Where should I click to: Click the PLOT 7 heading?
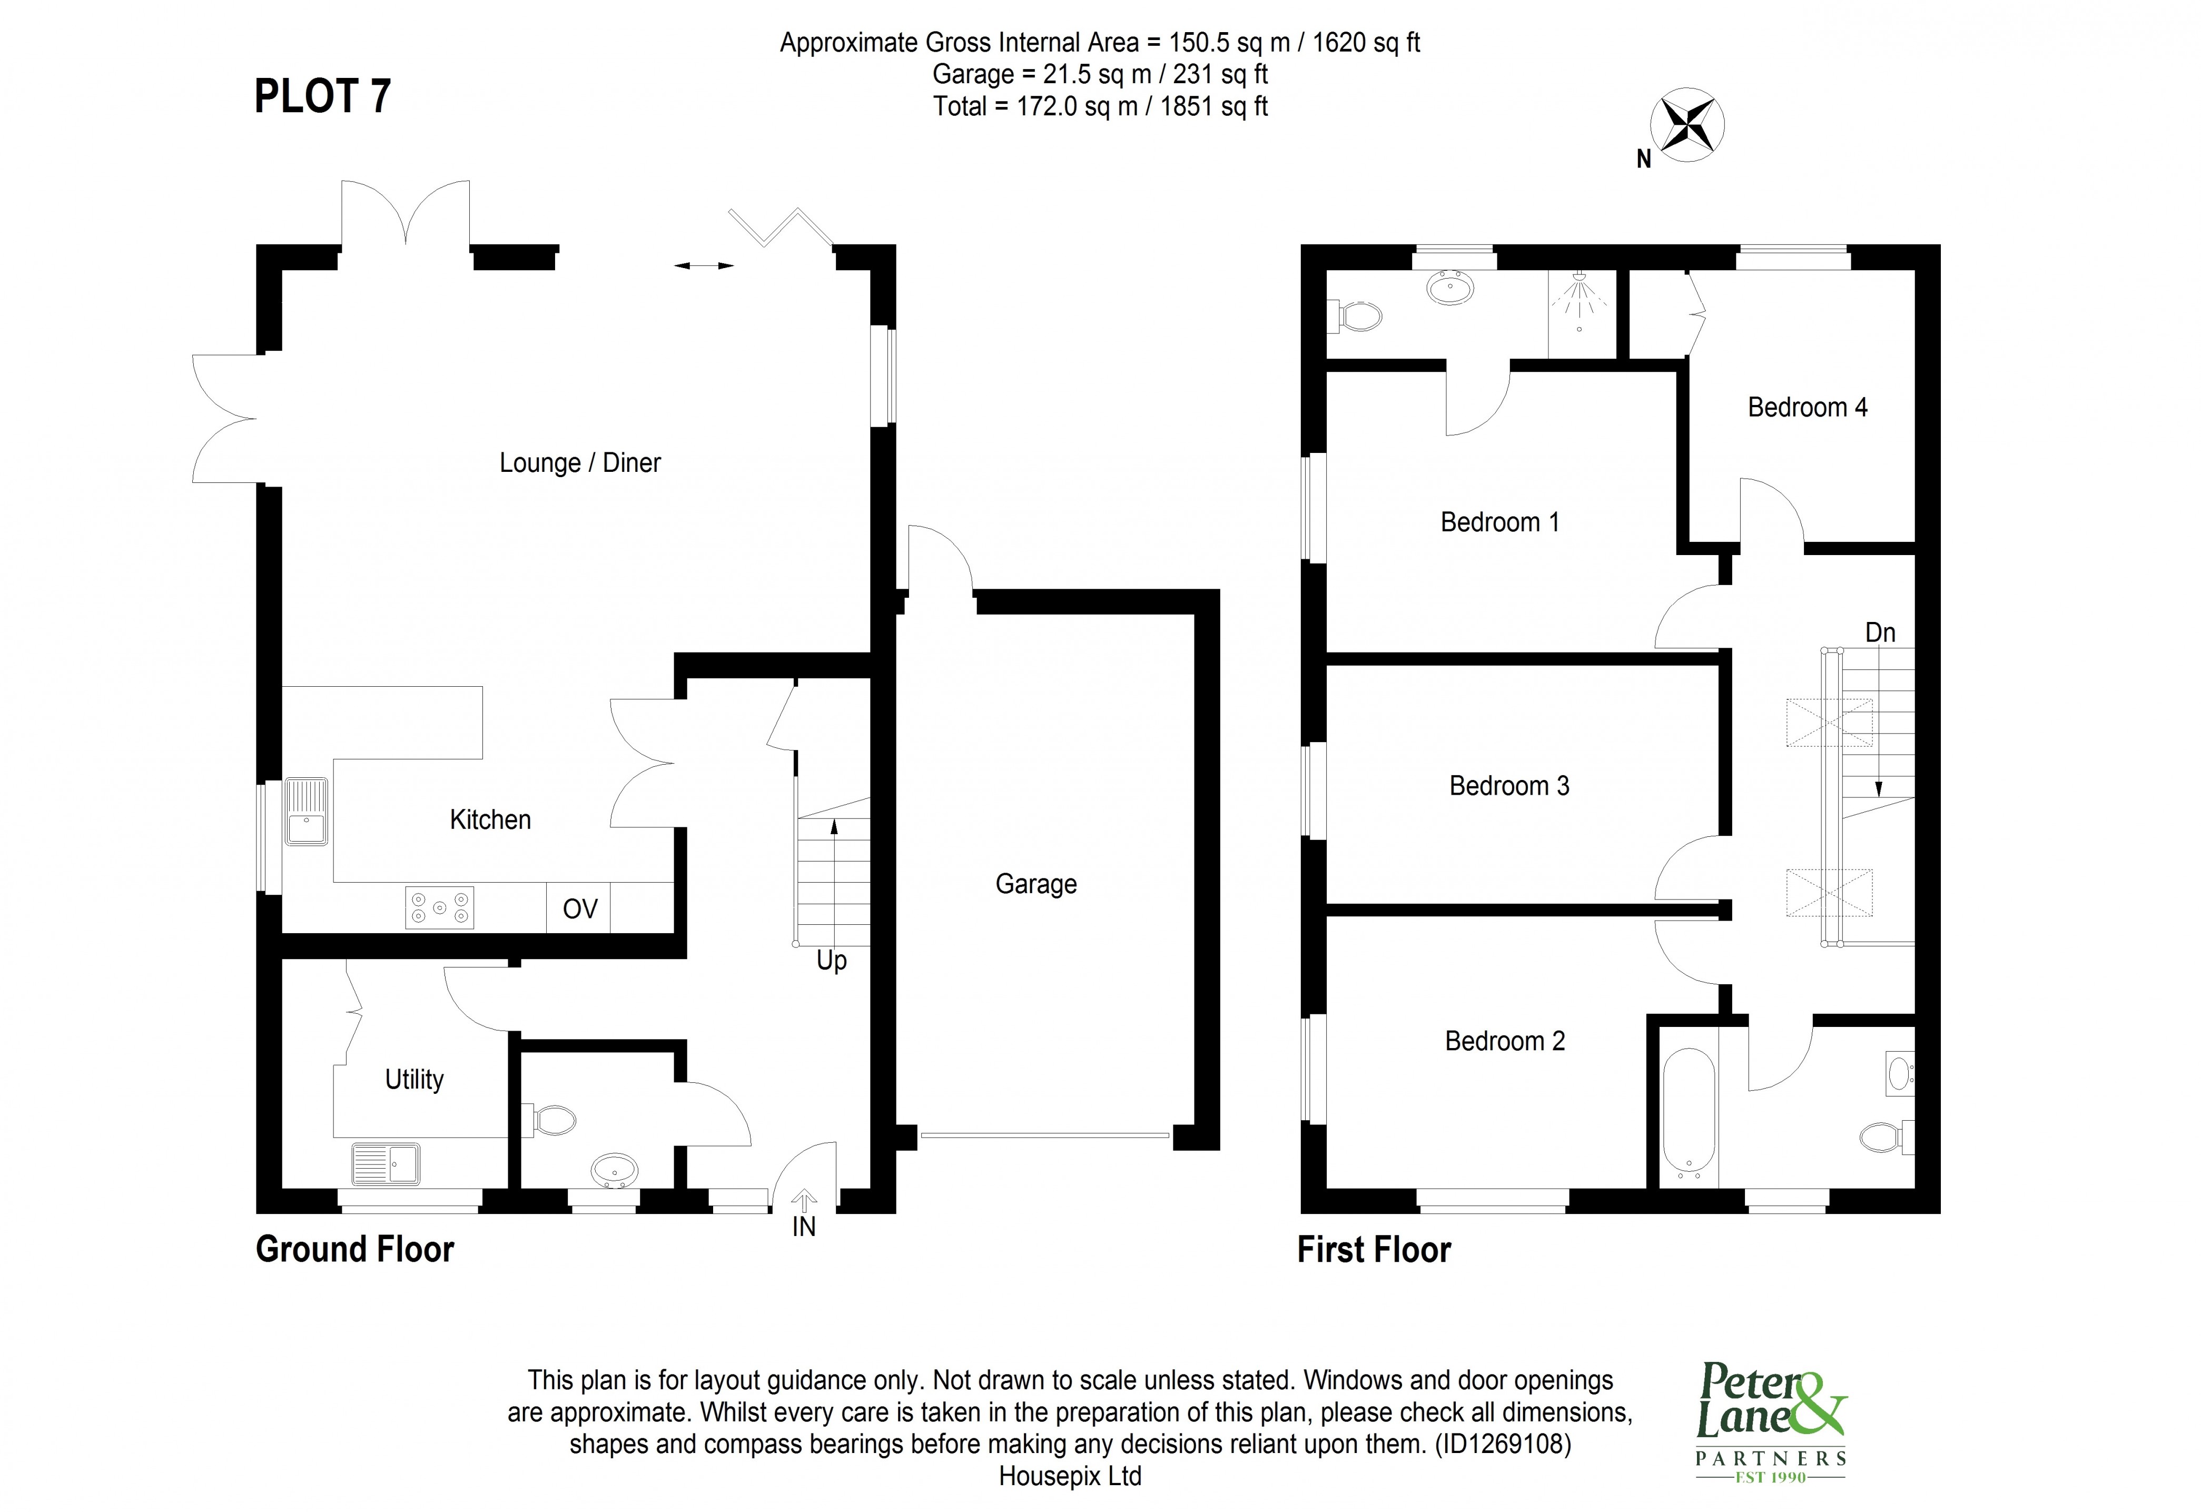(322, 96)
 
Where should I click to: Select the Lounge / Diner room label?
(580, 463)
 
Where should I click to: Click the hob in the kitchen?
(440, 907)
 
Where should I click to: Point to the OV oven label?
(580, 910)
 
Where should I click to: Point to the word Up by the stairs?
(831, 961)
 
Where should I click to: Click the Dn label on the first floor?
(1880, 633)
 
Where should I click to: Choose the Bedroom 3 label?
(1508, 786)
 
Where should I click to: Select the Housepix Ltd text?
(1070, 1476)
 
